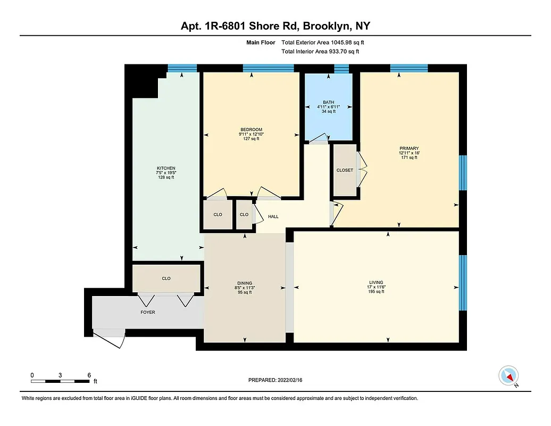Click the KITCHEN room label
click(x=165, y=168)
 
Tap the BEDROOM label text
click(x=251, y=129)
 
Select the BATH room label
click(x=327, y=102)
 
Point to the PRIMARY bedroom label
click(x=409, y=149)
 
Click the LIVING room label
click(x=376, y=282)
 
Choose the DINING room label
click(x=245, y=283)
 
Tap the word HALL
click(x=273, y=217)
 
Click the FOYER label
click(x=148, y=312)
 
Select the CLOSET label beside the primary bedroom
click(x=345, y=170)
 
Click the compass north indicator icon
click(x=508, y=376)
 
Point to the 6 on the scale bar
click(x=89, y=375)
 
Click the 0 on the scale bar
click(x=32, y=375)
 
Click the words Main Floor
click(x=260, y=42)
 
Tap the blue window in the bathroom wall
click(x=341, y=68)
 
